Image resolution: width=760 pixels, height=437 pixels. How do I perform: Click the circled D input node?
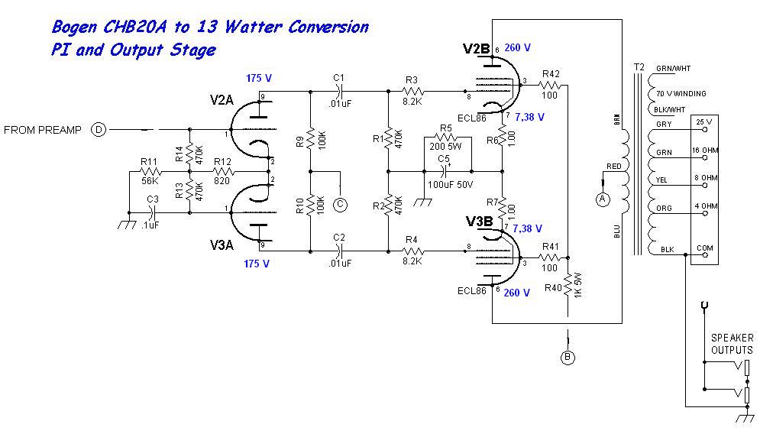pos(99,129)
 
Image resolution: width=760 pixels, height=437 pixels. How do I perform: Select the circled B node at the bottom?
pos(568,357)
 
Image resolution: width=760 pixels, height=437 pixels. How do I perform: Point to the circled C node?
pos(341,204)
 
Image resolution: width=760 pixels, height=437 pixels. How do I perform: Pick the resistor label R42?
pos(551,73)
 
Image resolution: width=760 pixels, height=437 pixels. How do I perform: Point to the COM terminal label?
pos(704,249)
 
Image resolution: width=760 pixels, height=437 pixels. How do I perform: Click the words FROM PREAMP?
pos(43,130)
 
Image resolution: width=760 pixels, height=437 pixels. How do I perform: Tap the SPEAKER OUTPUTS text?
pos(732,344)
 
